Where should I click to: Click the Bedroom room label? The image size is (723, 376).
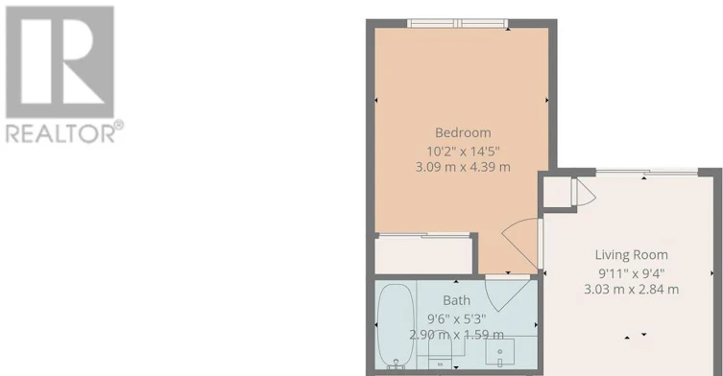463,132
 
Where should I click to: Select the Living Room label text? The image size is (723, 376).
631,255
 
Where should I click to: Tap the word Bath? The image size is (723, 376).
456,300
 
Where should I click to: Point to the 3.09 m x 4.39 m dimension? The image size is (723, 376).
463,167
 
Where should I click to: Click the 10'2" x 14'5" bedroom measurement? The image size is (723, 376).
463,152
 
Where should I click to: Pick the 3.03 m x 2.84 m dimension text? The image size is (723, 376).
631,290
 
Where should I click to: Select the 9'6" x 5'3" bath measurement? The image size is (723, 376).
456,318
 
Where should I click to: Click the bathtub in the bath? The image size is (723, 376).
396,326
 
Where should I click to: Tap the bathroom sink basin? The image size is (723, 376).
500,353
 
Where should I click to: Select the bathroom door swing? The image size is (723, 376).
507,294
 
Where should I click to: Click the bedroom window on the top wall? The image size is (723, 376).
457,23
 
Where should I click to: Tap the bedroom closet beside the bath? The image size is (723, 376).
424,255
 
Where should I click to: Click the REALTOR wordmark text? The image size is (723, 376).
60,134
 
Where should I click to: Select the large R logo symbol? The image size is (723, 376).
60,61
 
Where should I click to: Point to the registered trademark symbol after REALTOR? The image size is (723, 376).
119,125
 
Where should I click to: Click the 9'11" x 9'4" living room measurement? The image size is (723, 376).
631,273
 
